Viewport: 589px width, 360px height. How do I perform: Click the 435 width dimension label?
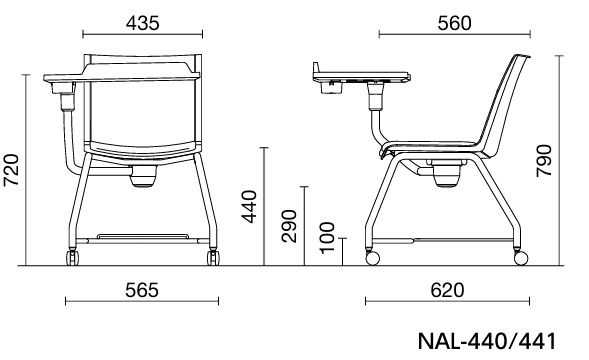point(142,23)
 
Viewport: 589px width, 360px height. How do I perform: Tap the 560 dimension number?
point(454,23)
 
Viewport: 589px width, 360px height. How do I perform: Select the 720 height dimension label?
point(11,170)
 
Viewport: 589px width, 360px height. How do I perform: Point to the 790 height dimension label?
point(544,161)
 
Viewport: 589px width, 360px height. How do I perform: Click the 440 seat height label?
point(249,207)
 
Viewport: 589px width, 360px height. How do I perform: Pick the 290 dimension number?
point(289,226)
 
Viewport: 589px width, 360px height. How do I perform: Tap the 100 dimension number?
point(327,238)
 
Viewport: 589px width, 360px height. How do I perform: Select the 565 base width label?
point(142,290)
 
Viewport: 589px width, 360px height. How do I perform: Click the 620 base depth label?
point(447,290)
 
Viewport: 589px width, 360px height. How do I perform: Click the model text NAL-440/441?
point(487,341)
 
